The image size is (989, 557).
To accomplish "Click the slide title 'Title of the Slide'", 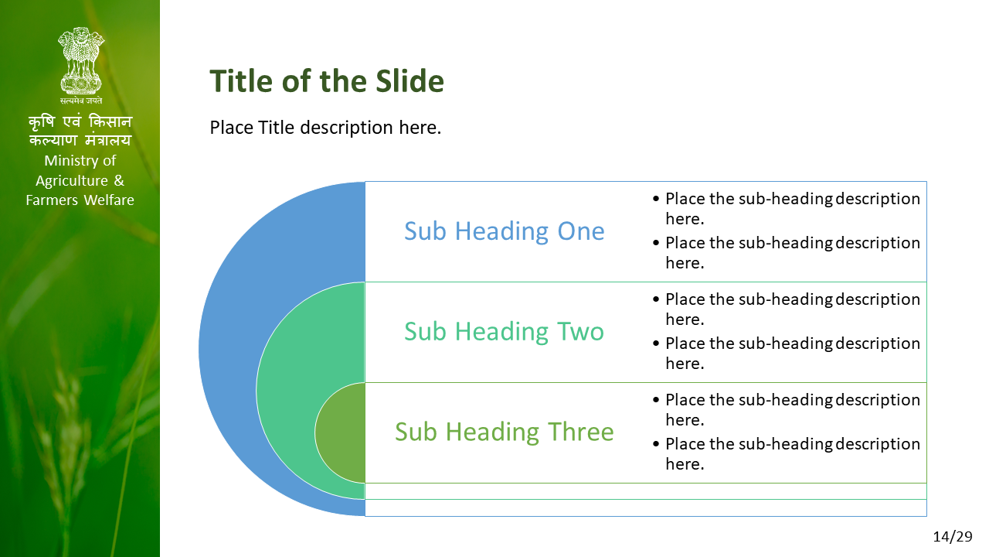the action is (327, 82).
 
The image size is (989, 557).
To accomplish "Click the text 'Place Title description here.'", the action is (325, 128).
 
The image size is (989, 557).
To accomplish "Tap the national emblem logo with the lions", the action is (81, 60).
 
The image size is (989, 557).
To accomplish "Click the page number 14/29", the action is (953, 537).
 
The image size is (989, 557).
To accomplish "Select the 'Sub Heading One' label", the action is (505, 231).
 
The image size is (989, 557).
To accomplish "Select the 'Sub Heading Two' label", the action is (504, 332).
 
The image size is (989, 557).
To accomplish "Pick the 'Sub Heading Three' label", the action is (505, 432).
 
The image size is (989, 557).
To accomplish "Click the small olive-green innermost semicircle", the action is (341, 432).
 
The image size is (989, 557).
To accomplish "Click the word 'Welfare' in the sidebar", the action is (109, 200).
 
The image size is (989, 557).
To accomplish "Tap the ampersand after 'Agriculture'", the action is (119, 180).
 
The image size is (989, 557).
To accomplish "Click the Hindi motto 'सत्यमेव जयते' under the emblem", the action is (81, 101).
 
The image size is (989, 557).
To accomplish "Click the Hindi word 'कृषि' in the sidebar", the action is (42, 121).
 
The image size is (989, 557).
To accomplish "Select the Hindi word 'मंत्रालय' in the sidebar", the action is (108, 140).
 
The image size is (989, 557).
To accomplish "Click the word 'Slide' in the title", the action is (410, 82).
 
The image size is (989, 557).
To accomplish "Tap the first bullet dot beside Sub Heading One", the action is (656, 199).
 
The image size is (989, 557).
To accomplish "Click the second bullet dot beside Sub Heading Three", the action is (656, 444).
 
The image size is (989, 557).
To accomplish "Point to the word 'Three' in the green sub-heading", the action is (580, 432).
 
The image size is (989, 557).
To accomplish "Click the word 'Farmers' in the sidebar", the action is (53, 200).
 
